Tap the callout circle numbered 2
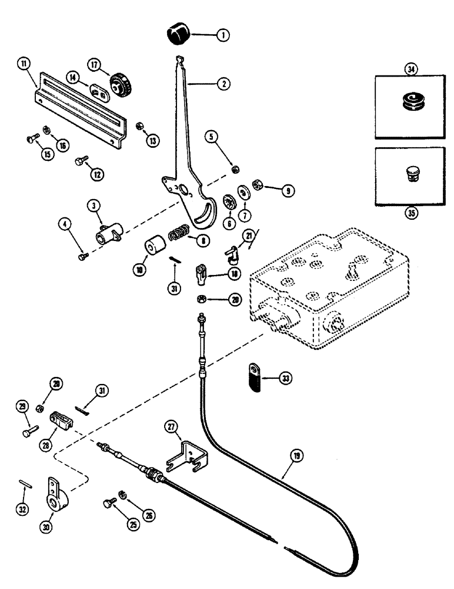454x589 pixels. click(223, 84)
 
